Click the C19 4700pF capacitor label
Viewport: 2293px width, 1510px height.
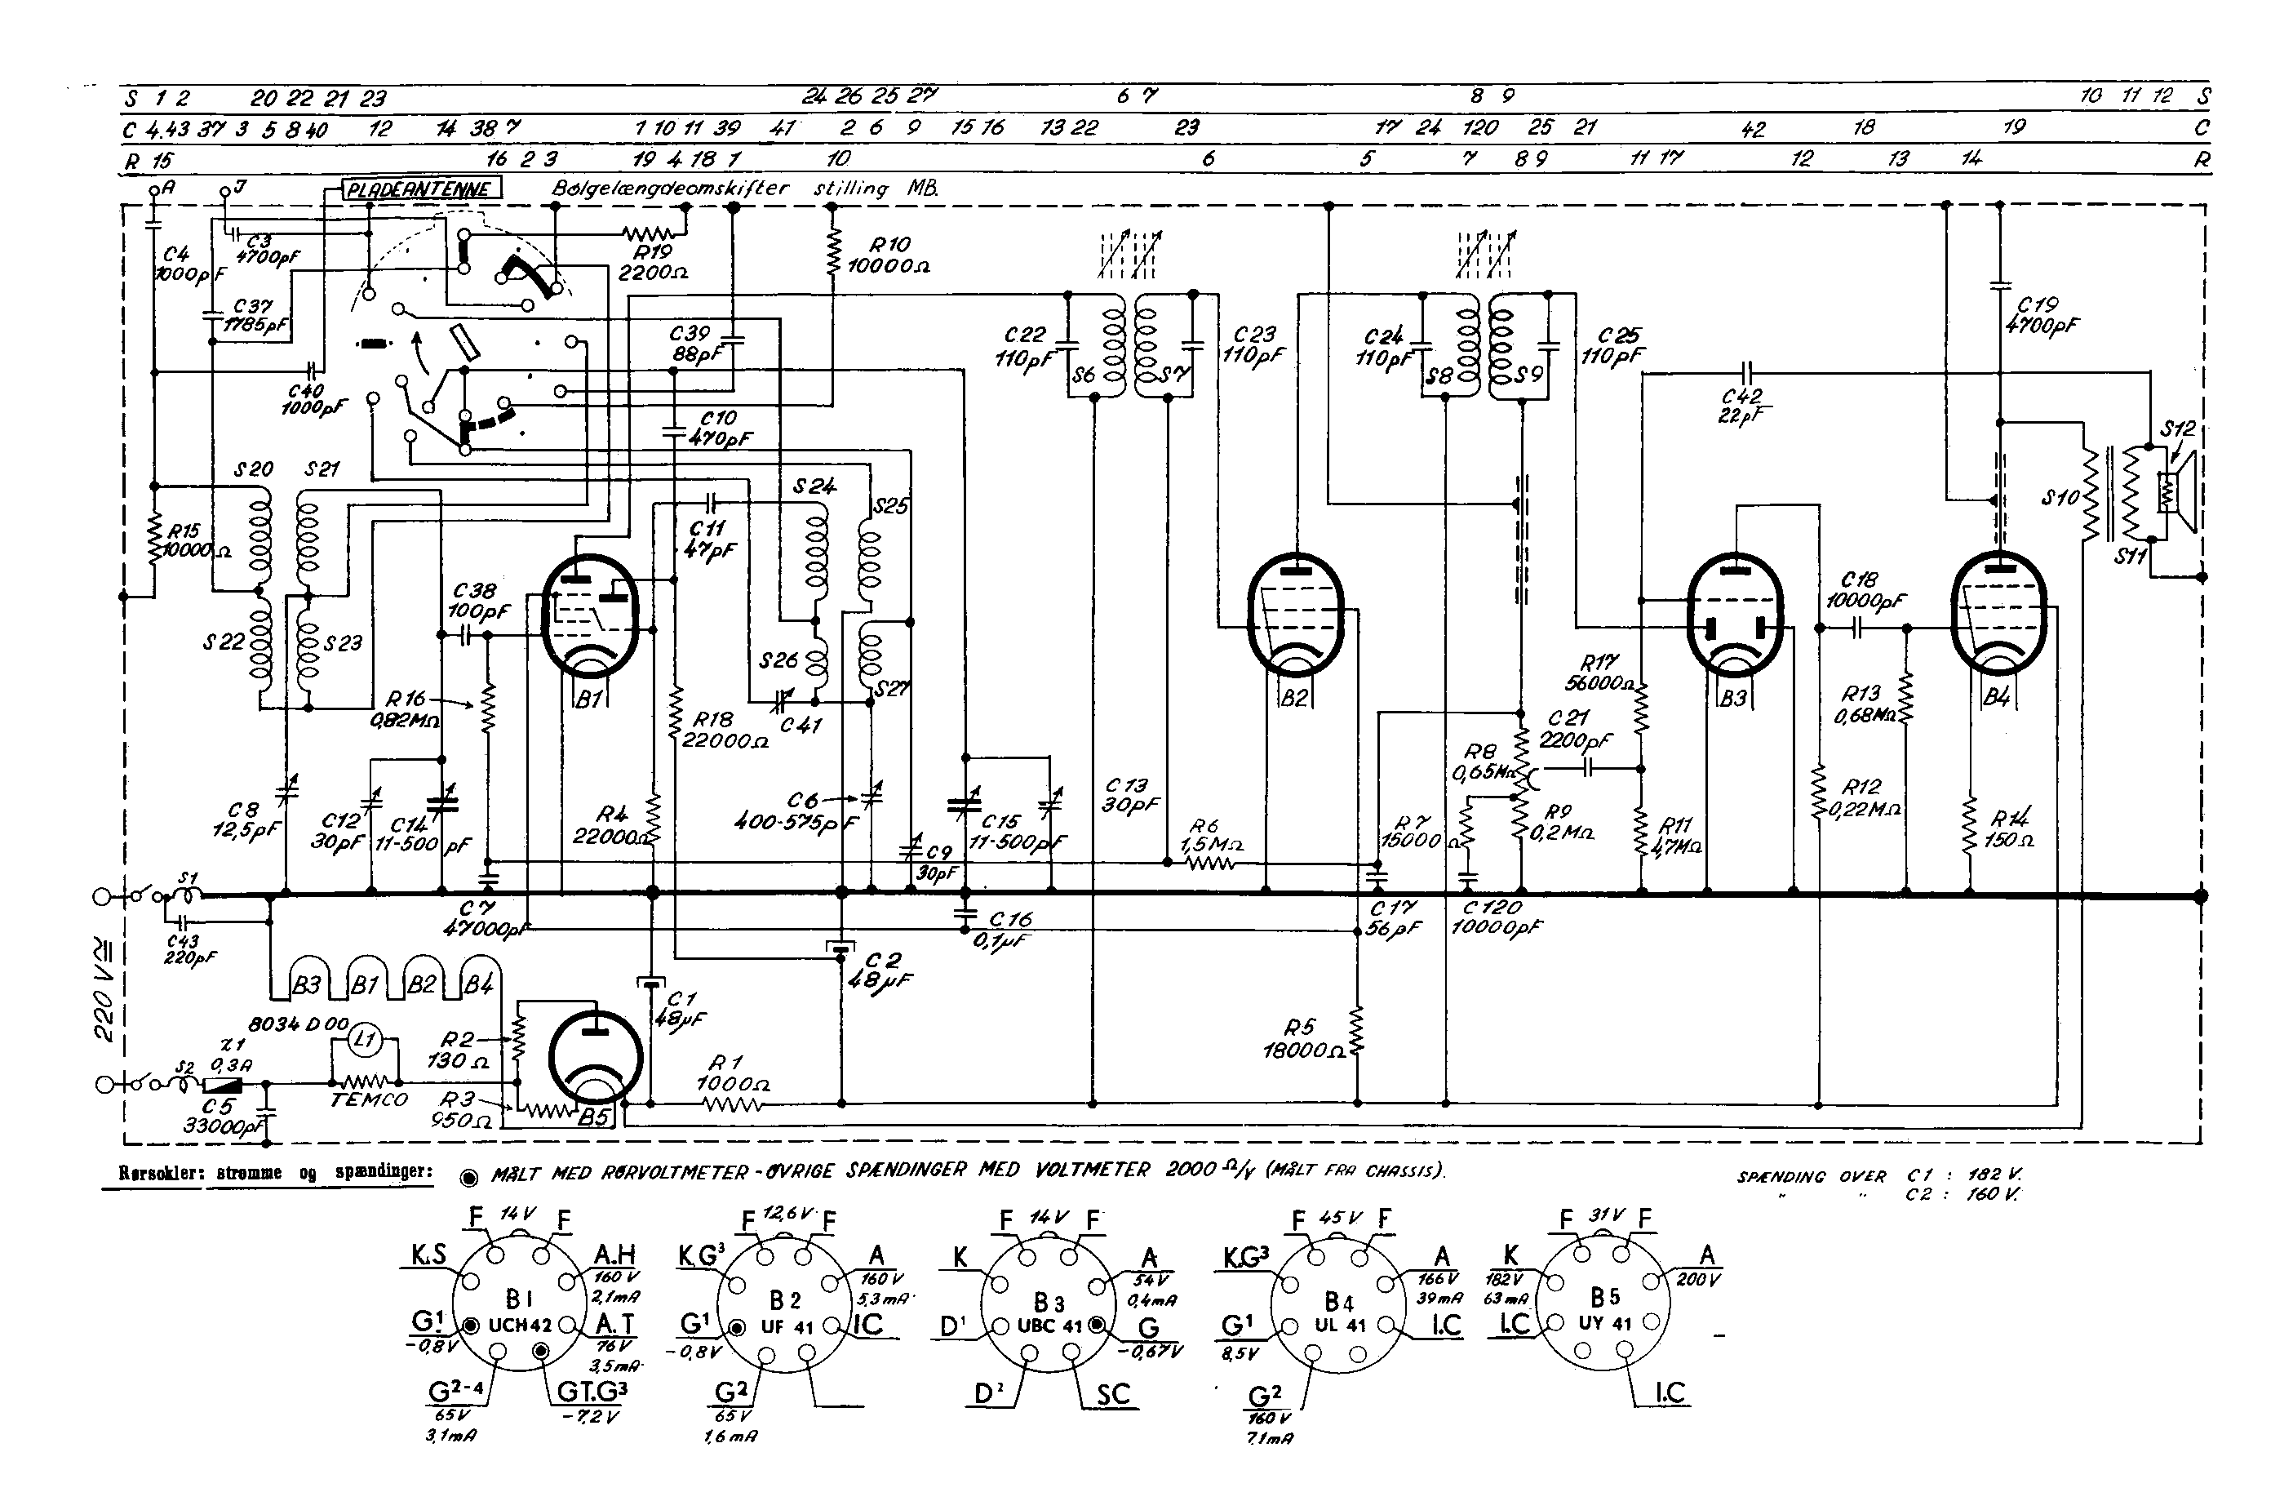click(2041, 315)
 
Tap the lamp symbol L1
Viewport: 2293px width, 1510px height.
click(363, 1039)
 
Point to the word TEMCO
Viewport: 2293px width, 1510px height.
click(369, 1099)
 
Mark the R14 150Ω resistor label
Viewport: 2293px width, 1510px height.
click(2010, 828)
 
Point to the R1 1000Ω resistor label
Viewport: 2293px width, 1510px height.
click(732, 1073)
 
